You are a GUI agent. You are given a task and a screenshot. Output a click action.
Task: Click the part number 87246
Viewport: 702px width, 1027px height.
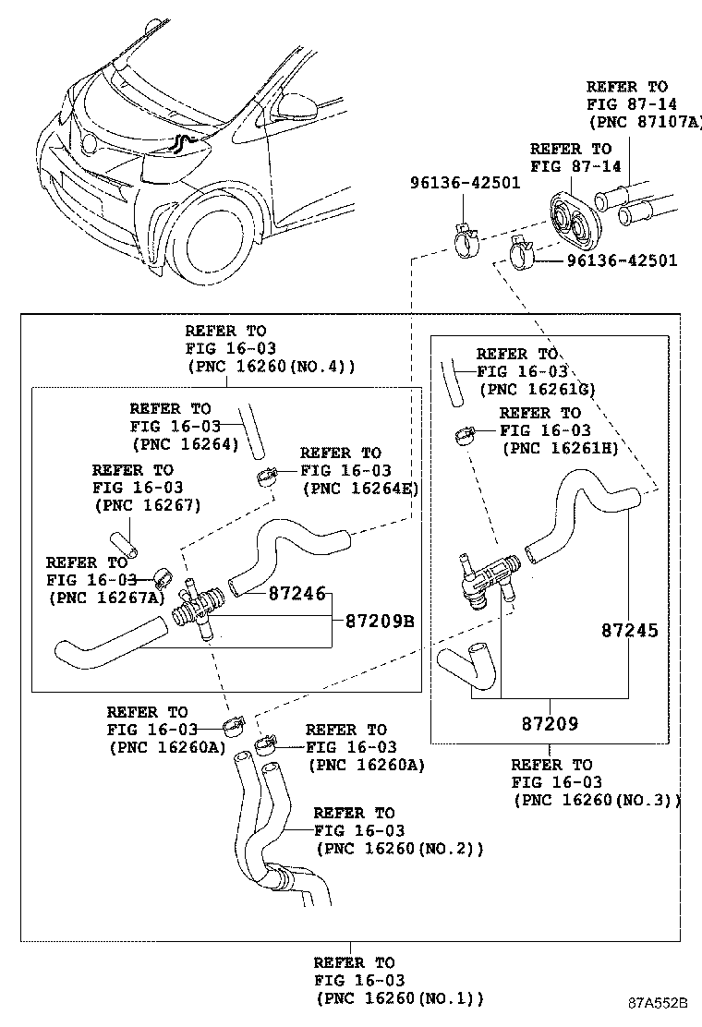297,593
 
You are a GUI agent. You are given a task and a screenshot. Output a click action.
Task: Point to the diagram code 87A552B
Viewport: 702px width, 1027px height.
659,1003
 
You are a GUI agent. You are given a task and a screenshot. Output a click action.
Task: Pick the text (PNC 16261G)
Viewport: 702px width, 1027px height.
537,390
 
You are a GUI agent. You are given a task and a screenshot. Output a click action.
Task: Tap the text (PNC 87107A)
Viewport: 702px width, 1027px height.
645,121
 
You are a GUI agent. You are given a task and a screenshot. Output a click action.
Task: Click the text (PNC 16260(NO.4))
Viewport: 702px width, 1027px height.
271,366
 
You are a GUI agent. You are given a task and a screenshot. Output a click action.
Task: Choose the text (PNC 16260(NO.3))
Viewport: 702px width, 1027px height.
597,800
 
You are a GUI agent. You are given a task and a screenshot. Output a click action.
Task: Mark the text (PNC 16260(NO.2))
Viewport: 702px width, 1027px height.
399,848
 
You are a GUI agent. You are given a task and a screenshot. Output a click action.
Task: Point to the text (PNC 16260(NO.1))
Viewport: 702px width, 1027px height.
399,997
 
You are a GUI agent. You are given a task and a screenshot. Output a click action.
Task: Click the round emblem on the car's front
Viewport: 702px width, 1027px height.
89,144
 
